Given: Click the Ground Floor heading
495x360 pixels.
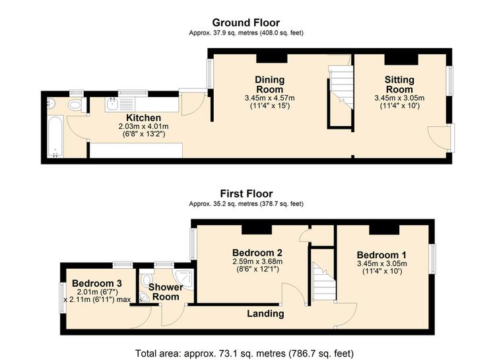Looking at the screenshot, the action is (246, 22).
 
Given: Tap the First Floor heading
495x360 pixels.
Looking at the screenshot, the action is (246, 194).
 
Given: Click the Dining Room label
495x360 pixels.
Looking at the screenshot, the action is (269, 85).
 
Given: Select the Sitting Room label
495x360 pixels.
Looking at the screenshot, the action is (399, 85).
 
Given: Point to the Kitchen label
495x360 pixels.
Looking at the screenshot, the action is (144, 118).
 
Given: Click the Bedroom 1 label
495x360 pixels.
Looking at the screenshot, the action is (381, 255).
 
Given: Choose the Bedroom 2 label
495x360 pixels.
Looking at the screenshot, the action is (257, 253).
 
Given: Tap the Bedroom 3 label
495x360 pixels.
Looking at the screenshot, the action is (97, 283).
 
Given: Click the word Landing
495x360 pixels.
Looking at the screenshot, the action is (265, 314).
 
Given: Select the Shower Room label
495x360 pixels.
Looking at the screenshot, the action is (166, 292).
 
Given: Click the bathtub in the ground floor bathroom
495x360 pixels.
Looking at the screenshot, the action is (55, 136).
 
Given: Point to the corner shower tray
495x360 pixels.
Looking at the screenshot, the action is (183, 279).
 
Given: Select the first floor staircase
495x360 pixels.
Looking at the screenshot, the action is (324, 281).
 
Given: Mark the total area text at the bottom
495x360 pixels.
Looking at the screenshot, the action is (244, 353).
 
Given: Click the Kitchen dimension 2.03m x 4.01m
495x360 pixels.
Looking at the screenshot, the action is (144, 126).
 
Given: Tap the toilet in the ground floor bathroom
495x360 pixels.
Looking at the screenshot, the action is (76, 104).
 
